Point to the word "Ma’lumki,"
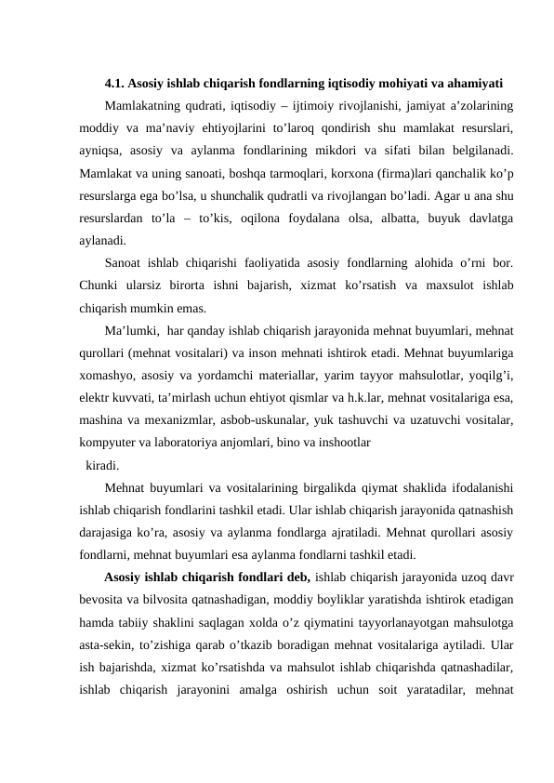[x=137, y=330]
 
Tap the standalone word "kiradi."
[x=102, y=465]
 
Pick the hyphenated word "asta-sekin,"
[x=108, y=645]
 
